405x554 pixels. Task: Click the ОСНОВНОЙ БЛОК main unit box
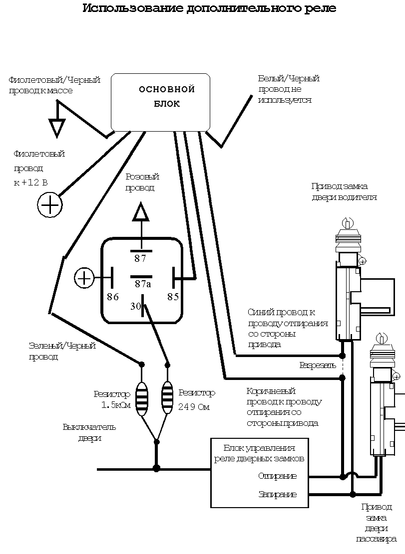[x=160, y=101]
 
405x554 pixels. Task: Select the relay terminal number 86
[x=113, y=297]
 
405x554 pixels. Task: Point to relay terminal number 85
[x=173, y=297]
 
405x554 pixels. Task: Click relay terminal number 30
[x=136, y=307]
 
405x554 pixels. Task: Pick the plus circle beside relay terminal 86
[x=84, y=278]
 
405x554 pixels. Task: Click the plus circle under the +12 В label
[x=50, y=204]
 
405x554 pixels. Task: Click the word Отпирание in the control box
[x=277, y=476]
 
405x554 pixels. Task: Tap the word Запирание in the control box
[x=277, y=495]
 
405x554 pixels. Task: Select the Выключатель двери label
[x=90, y=432]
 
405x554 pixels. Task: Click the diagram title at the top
[x=209, y=9]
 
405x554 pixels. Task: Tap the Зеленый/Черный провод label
[x=62, y=351]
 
